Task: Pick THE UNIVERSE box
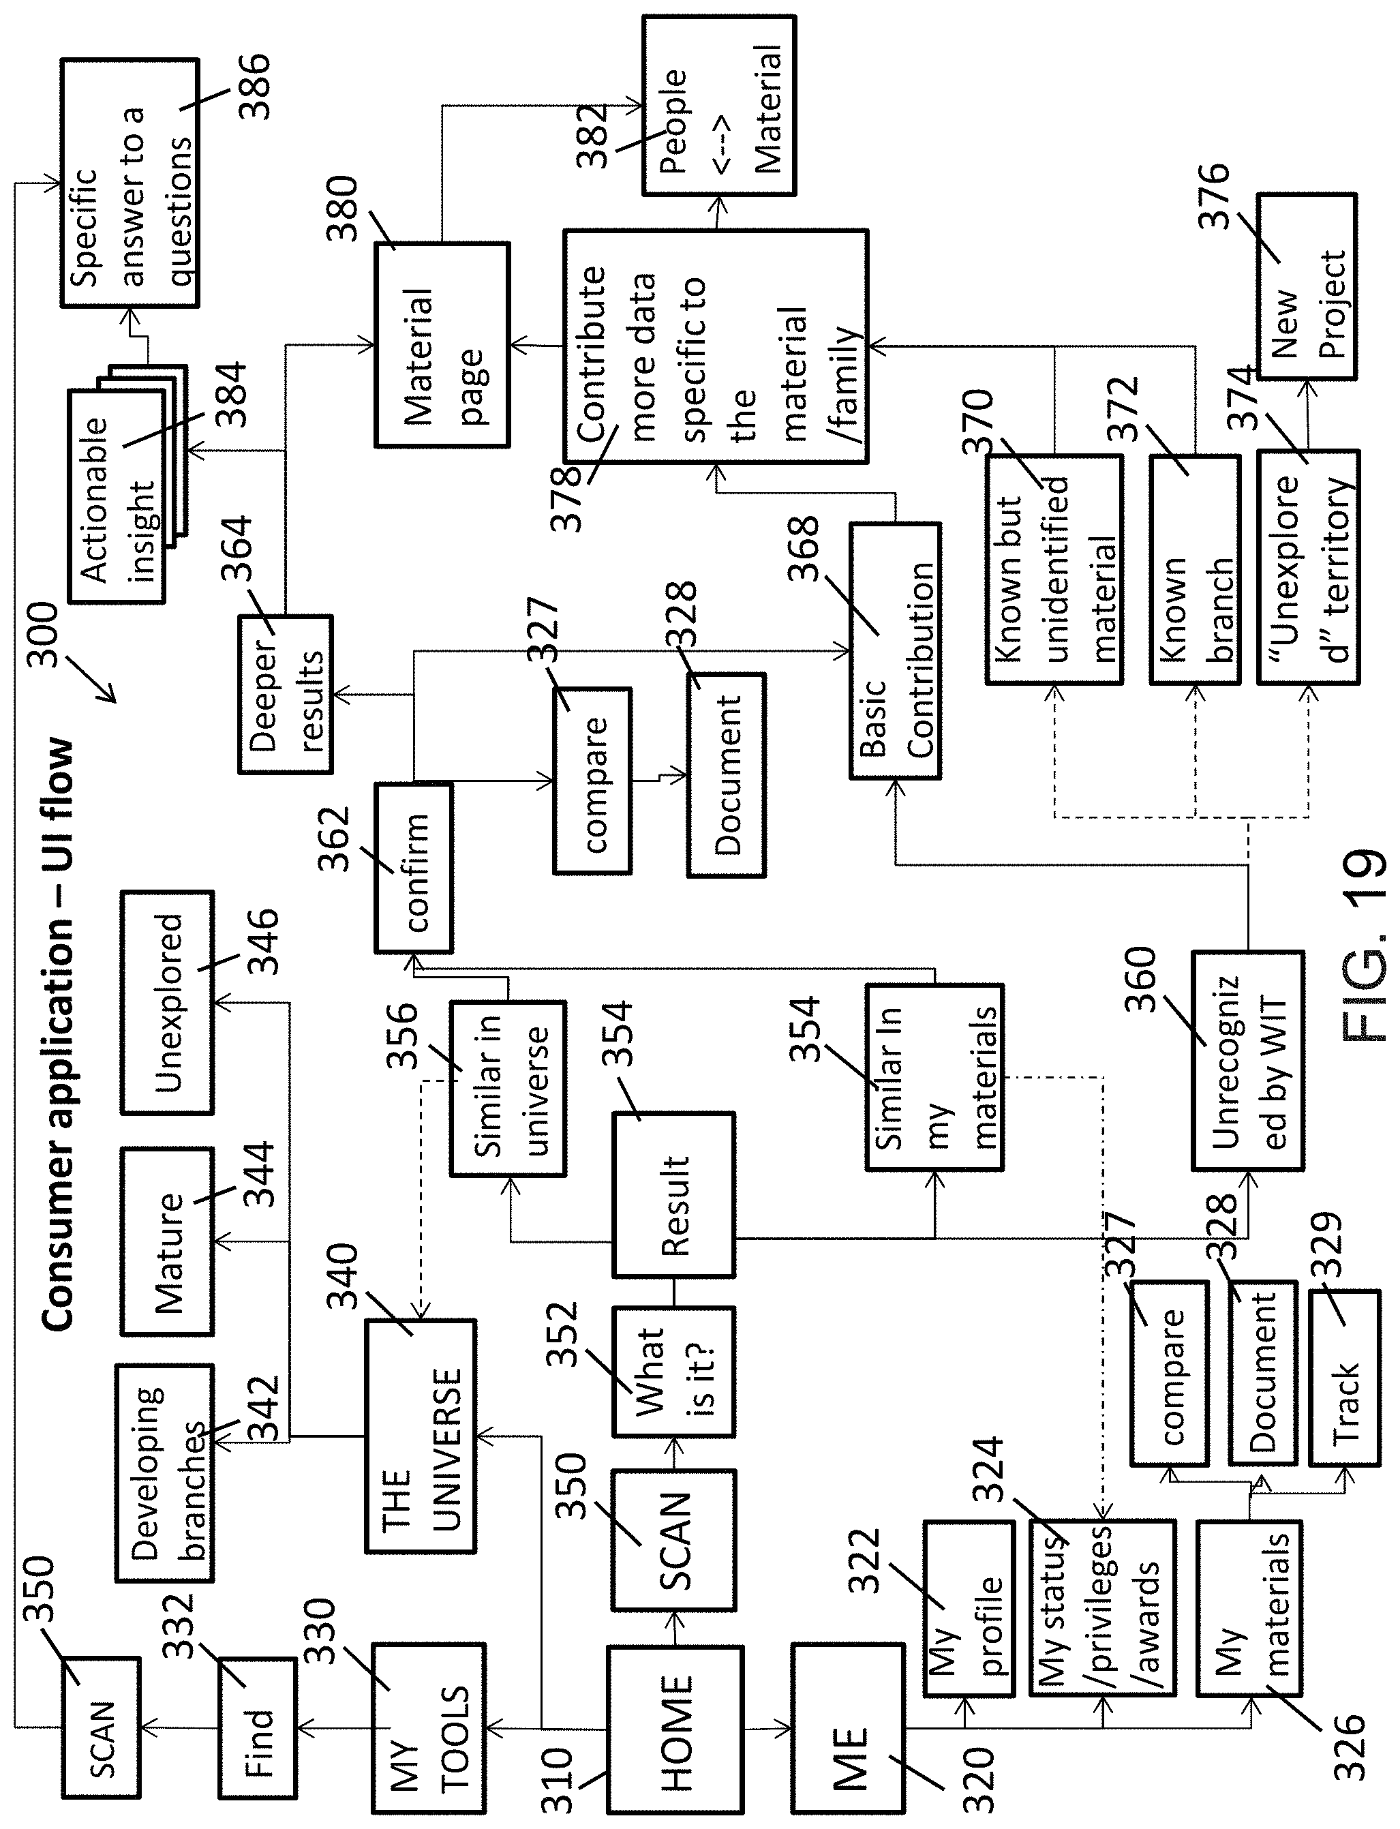coord(421,1436)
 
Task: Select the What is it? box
coord(674,1372)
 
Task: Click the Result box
coord(674,1195)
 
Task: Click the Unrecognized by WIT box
coord(1247,1061)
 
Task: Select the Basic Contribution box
coord(896,651)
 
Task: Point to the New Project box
coord(1307,286)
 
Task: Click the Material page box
coord(442,345)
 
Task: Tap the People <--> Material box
coord(719,105)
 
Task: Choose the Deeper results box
coord(286,694)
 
